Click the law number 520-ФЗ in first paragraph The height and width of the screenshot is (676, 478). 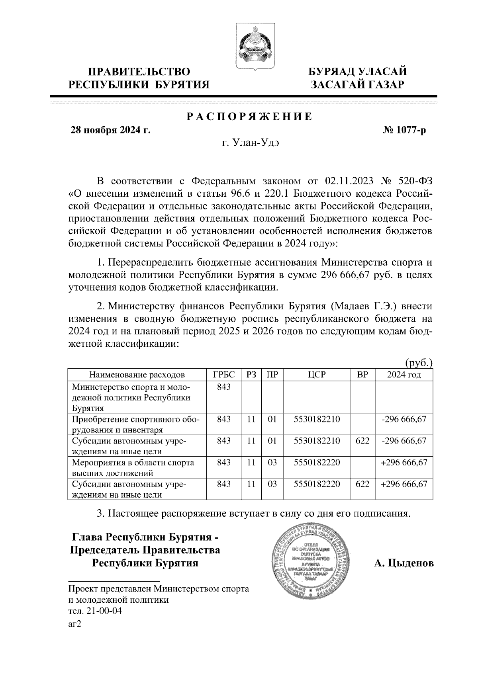[x=414, y=181]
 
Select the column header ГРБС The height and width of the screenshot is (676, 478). [x=224, y=375]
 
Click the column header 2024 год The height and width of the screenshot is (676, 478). [x=404, y=375]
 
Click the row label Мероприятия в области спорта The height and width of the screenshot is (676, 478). [x=133, y=463]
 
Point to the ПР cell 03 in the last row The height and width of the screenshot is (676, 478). [x=272, y=484]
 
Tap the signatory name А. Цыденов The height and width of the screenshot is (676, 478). [x=404, y=563]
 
